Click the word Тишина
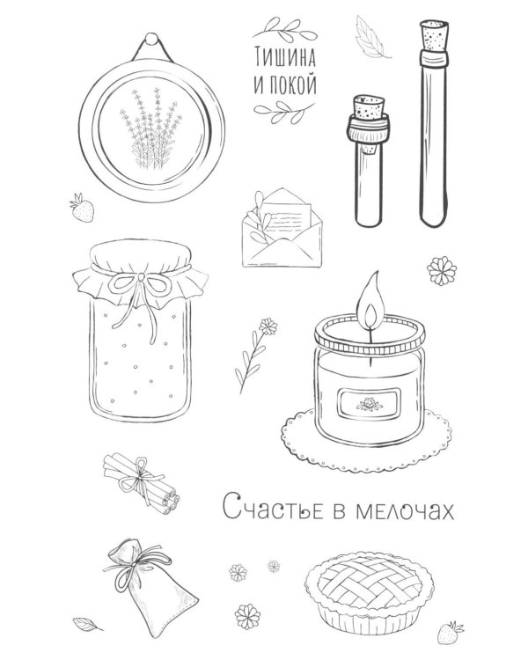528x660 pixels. (284, 57)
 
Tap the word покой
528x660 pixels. (292, 84)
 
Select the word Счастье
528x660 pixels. (273, 507)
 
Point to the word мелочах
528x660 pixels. (405, 510)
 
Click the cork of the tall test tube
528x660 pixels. (435, 36)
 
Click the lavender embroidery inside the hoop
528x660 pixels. (150, 128)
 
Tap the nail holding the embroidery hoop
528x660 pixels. (151, 39)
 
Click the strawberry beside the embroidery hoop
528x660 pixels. (82, 208)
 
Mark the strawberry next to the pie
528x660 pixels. (450, 632)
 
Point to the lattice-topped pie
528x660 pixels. (369, 592)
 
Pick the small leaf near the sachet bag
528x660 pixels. (87, 624)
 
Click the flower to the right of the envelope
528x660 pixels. (442, 271)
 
